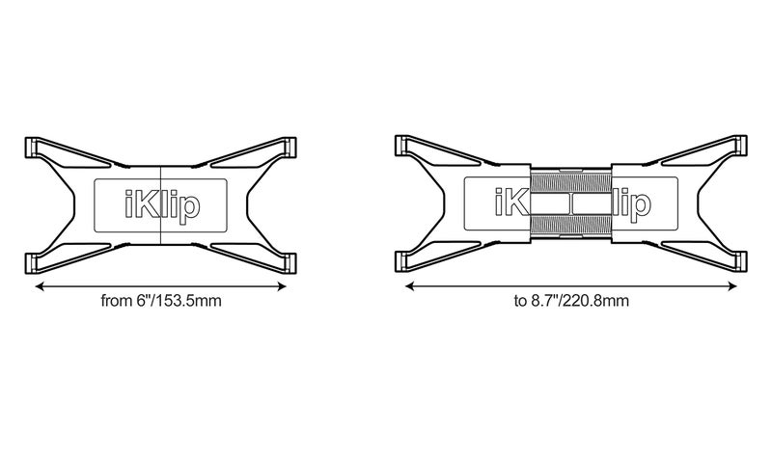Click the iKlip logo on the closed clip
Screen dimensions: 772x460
tap(162, 205)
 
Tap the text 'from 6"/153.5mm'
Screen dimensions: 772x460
tap(161, 301)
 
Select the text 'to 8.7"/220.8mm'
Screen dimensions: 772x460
tap(571, 301)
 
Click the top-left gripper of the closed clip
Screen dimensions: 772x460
tap(31, 148)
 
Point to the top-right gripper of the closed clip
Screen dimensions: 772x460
tap(290, 148)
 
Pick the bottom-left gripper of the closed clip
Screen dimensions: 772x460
tap(31, 263)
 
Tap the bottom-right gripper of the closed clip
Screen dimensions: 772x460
tap(290, 263)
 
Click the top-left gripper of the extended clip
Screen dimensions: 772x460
tap(401, 147)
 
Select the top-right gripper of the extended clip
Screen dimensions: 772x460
tap(740, 147)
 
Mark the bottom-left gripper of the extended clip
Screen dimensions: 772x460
tap(401, 261)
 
